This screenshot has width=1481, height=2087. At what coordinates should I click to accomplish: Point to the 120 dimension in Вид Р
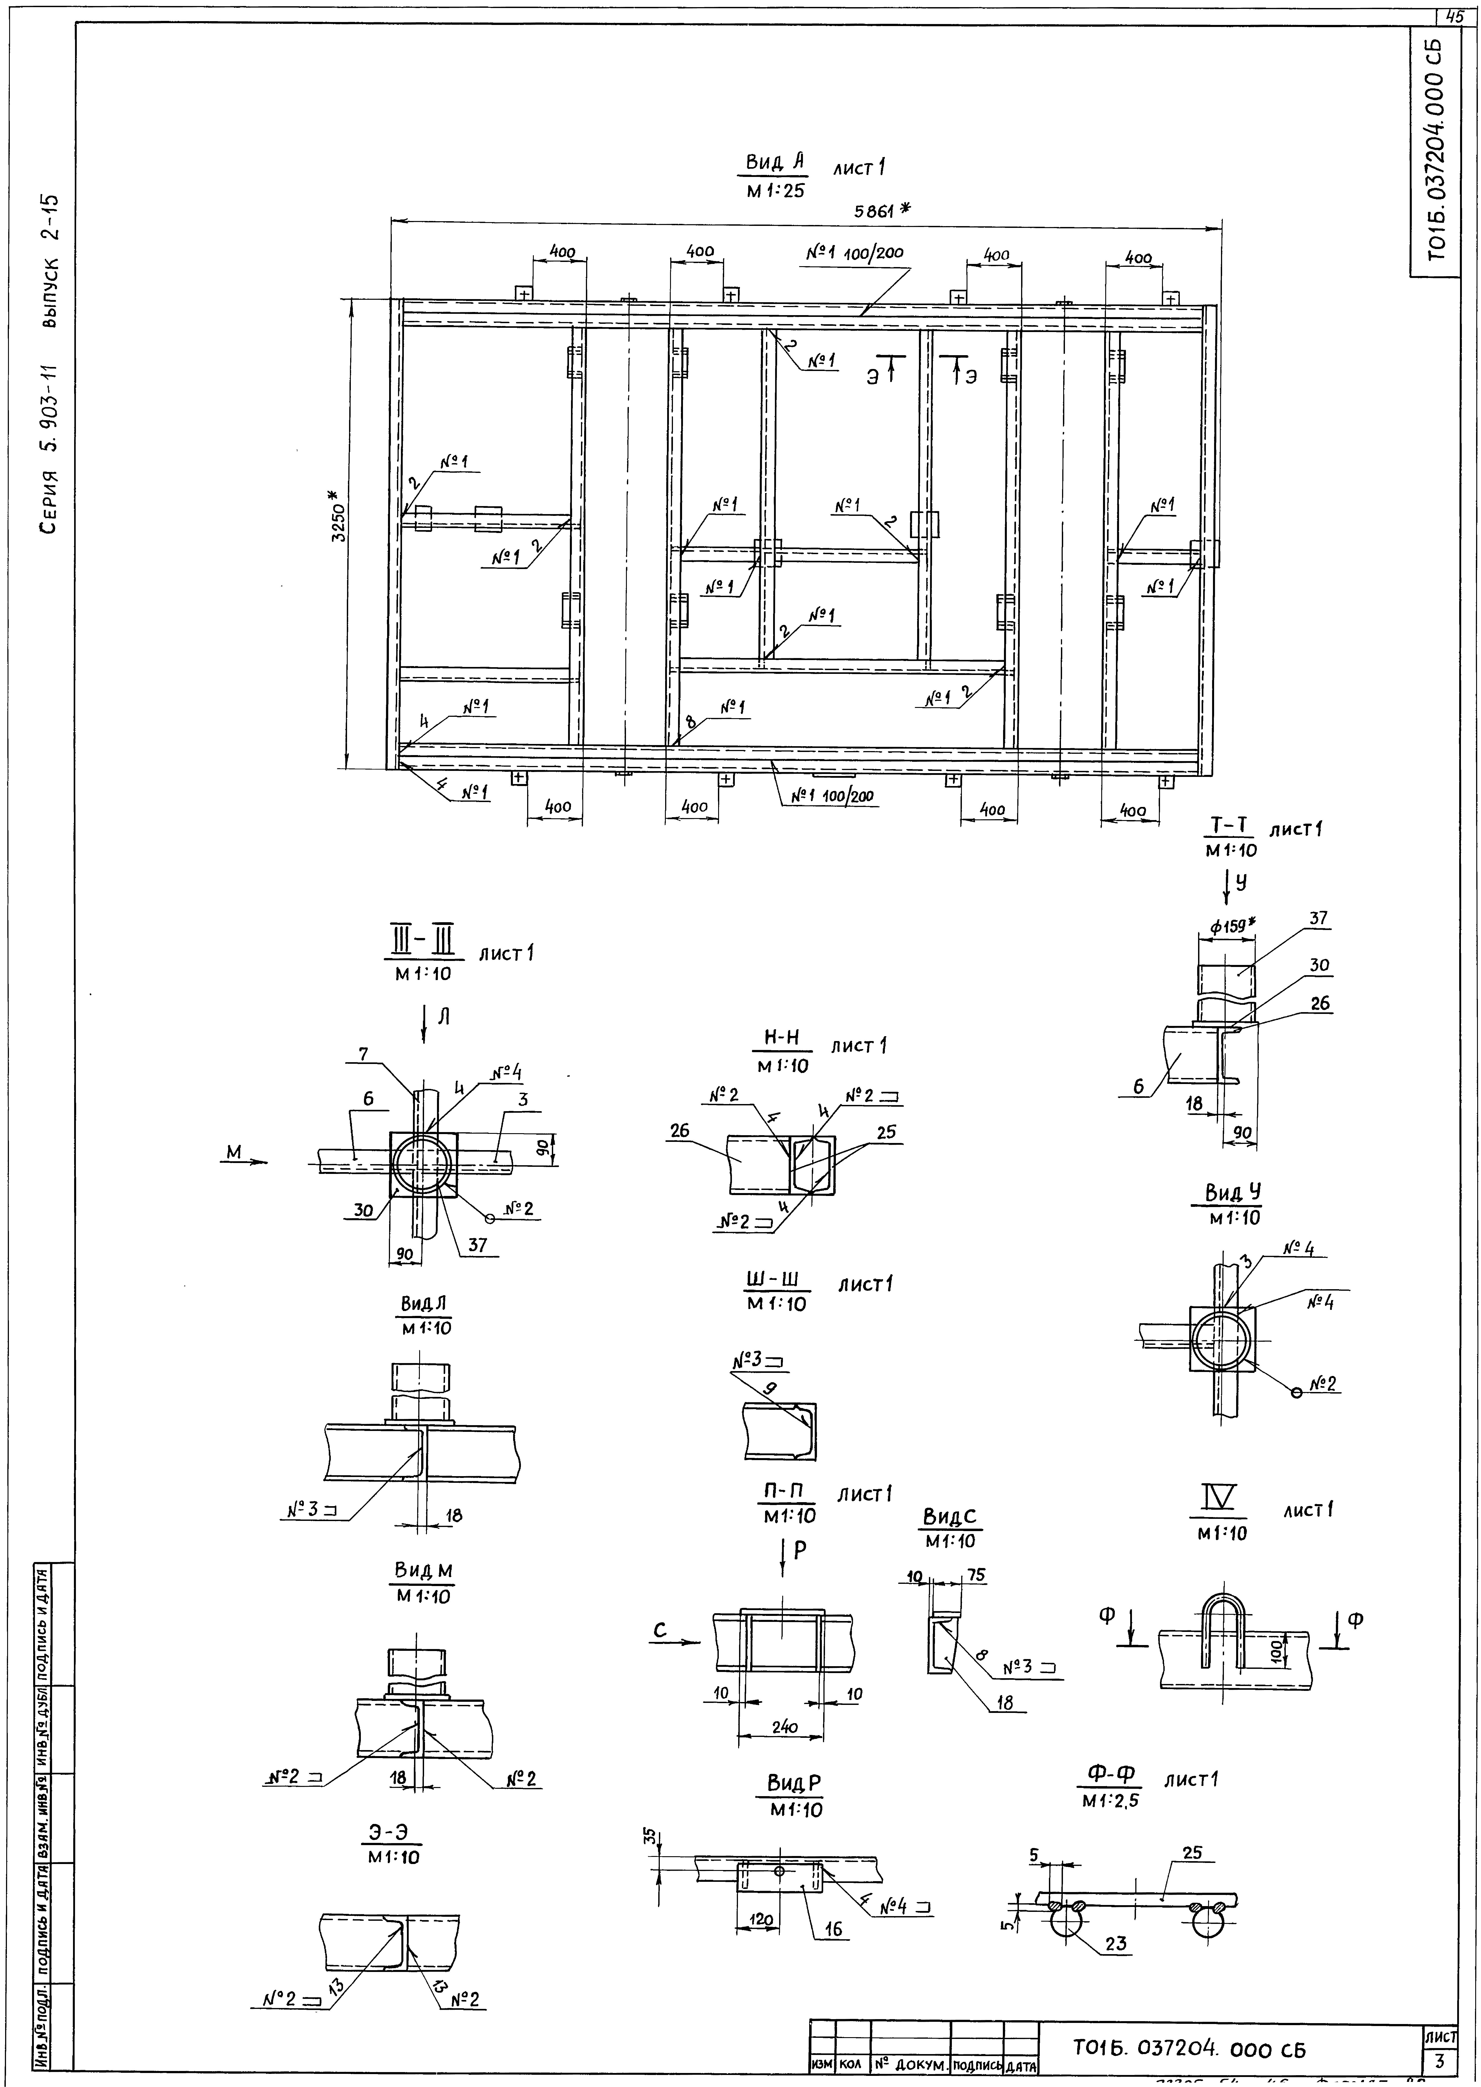tap(761, 1919)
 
